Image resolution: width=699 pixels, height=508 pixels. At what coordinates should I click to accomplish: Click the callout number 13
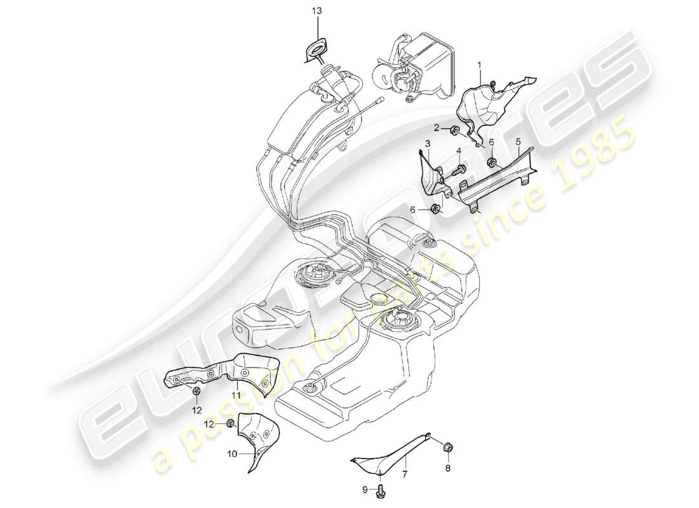317,11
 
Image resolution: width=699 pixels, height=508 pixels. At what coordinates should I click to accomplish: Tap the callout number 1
480,64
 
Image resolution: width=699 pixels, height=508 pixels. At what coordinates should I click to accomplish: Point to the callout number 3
458,150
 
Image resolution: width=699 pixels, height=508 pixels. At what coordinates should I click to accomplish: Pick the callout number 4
518,141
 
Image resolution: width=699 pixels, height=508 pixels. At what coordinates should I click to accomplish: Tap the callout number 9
365,490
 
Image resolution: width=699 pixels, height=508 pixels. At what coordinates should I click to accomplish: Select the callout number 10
232,455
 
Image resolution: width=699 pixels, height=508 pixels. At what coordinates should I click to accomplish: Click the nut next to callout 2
456,131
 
